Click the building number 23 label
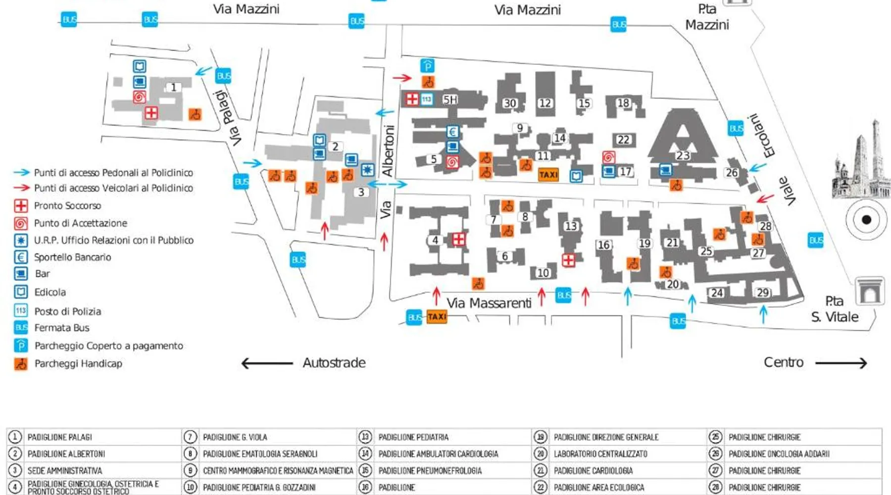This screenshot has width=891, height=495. [683, 155]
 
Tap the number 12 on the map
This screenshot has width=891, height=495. [545, 103]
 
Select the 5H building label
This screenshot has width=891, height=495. [449, 99]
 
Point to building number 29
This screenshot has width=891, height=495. [763, 293]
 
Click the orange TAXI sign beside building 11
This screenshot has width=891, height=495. [548, 175]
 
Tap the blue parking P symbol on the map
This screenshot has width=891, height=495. [427, 65]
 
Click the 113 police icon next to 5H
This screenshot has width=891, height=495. [427, 99]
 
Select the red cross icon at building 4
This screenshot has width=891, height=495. [459, 240]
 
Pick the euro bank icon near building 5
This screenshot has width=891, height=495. [452, 132]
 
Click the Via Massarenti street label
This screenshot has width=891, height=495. [489, 303]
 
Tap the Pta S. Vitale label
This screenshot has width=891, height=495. [835, 309]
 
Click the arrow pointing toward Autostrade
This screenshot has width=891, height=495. [267, 363]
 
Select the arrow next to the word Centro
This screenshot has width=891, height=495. [841, 363]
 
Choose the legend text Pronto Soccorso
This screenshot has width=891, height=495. [67, 205]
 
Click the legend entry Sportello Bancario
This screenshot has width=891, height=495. [72, 257]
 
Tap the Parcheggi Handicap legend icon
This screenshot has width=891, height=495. [21, 364]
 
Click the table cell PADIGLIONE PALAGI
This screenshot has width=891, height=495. [60, 437]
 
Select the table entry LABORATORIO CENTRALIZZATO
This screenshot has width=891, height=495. [600, 454]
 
